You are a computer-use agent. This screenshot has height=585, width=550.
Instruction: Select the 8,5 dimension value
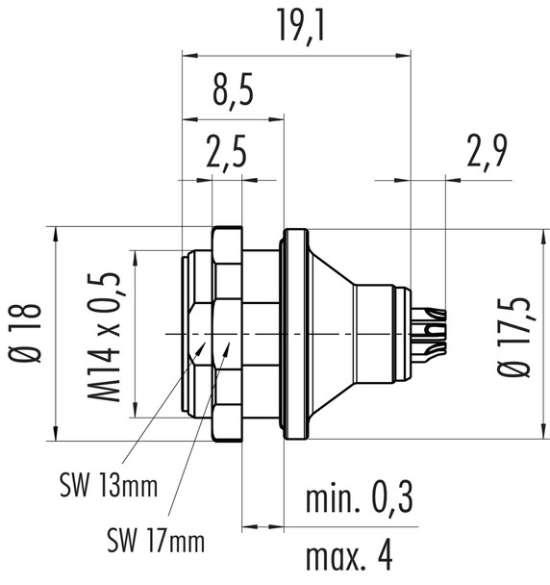pos(234,96)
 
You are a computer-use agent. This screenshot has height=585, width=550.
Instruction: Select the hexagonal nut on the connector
pos(227,333)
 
